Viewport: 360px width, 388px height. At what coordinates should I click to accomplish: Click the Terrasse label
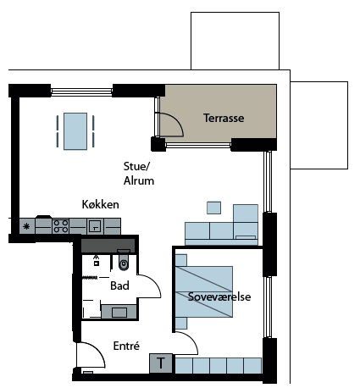click(224, 118)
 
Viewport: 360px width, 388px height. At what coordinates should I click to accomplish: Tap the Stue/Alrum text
click(139, 174)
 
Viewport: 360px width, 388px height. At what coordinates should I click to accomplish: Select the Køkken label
click(100, 204)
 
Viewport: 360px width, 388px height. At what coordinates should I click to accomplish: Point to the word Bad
click(119, 285)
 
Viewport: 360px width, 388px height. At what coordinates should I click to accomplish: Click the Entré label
click(126, 346)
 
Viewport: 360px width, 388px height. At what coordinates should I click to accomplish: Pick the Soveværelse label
click(219, 297)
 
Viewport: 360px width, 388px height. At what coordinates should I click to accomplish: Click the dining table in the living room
click(75, 131)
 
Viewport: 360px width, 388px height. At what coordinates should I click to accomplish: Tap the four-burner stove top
click(61, 226)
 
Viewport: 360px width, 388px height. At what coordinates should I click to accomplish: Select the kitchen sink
click(95, 226)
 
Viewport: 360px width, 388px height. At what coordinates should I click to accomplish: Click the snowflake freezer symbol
click(26, 226)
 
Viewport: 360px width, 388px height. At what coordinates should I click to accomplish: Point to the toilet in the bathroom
click(124, 260)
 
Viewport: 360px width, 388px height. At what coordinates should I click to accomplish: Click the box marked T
click(161, 363)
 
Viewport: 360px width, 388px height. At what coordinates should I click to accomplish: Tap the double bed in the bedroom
click(204, 291)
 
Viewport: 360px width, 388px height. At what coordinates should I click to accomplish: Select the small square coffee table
click(213, 208)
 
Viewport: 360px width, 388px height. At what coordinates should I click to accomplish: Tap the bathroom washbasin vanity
click(119, 312)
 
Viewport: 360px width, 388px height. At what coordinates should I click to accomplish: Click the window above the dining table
click(81, 91)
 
